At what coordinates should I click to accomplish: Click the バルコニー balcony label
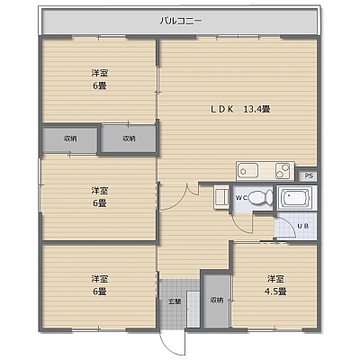coord(181,22)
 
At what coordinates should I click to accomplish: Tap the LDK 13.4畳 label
coord(240,109)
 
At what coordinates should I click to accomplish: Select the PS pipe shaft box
coord(308,175)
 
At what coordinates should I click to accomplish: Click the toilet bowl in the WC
coord(261,198)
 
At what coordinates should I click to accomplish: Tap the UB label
coord(302,226)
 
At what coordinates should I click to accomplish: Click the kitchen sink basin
coord(248,171)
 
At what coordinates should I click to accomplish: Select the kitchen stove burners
coord(283,171)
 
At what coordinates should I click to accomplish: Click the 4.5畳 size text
coord(275,292)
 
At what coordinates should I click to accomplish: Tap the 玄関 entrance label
coord(175,301)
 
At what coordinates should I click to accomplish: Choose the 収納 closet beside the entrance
coord(217,300)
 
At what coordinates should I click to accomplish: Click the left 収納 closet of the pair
coord(70,139)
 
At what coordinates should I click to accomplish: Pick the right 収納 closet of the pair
coord(129,139)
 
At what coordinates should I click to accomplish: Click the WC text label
coord(240,198)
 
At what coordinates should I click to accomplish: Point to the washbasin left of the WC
coord(221,197)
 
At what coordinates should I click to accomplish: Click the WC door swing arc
coord(241,226)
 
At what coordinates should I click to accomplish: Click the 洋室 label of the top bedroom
coord(100,73)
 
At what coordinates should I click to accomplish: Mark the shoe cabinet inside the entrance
coord(193,309)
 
